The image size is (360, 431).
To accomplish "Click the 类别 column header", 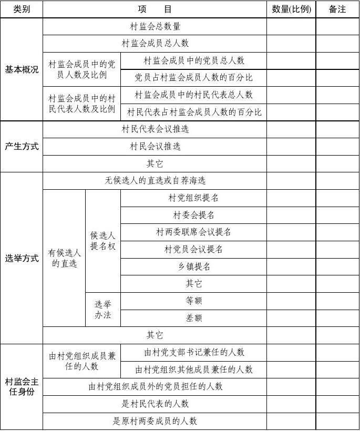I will tap(22, 9).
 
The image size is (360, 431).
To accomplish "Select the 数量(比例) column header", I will tap(291, 9).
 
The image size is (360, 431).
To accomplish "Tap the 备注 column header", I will tap(337, 9).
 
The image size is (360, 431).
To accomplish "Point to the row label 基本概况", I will tap(22, 69).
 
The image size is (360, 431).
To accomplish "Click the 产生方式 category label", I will tap(22, 146).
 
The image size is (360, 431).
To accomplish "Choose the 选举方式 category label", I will tap(22, 258).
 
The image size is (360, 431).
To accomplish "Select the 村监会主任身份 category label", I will tap(22, 387).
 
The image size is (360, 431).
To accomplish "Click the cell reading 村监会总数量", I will tap(155, 26).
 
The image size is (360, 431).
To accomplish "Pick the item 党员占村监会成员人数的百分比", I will tap(193, 77).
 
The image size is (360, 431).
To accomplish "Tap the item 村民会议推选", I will tap(155, 146).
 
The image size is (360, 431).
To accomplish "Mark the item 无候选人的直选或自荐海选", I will tap(155, 180).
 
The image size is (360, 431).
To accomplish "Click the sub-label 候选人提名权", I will tap(102, 241).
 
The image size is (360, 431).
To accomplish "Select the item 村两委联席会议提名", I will tap(193, 232).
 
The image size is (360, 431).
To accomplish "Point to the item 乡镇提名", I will tap(193, 266).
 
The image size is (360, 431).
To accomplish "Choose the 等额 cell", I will tap(193, 301).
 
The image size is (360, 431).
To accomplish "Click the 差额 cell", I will tap(193, 318).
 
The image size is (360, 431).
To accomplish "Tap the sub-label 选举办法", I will tap(102, 310).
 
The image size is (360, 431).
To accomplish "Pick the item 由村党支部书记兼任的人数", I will tap(193, 352).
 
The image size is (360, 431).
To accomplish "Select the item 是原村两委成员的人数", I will tap(155, 421).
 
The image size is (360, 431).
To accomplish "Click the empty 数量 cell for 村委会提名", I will tap(291, 215).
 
